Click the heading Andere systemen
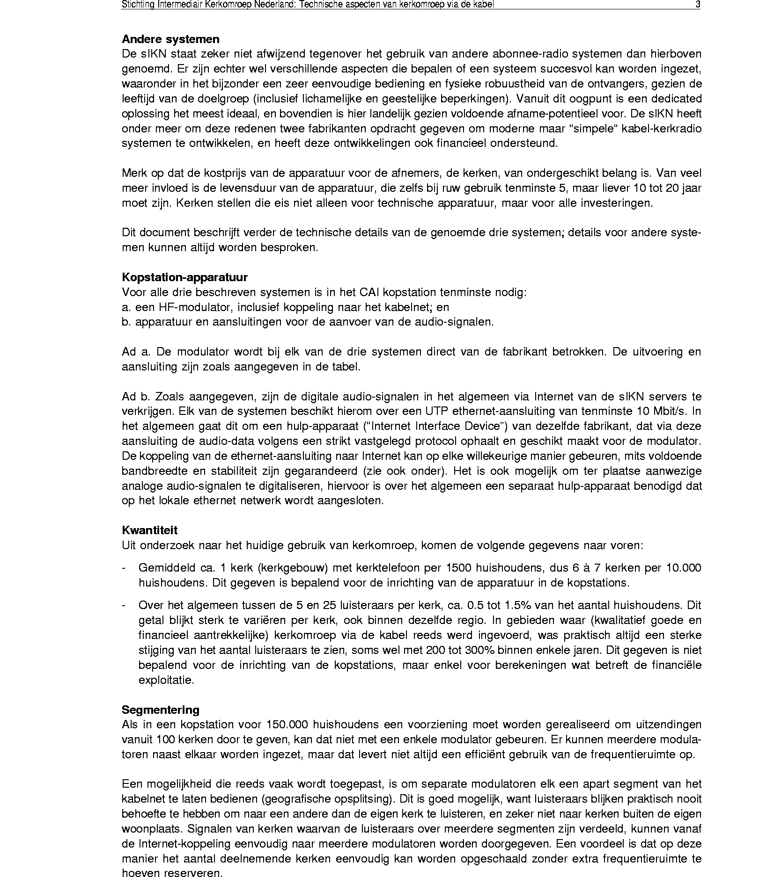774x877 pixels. click(170, 39)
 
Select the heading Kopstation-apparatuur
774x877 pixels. click(184, 277)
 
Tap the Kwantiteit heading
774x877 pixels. click(149, 530)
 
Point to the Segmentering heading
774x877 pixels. click(160, 710)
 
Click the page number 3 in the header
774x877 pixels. click(698, 5)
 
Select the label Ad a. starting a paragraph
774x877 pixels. click(135, 352)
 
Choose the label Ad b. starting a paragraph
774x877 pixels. click(135, 397)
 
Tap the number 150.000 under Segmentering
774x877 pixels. click(287, 725)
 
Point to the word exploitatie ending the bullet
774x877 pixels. click(166, 680)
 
